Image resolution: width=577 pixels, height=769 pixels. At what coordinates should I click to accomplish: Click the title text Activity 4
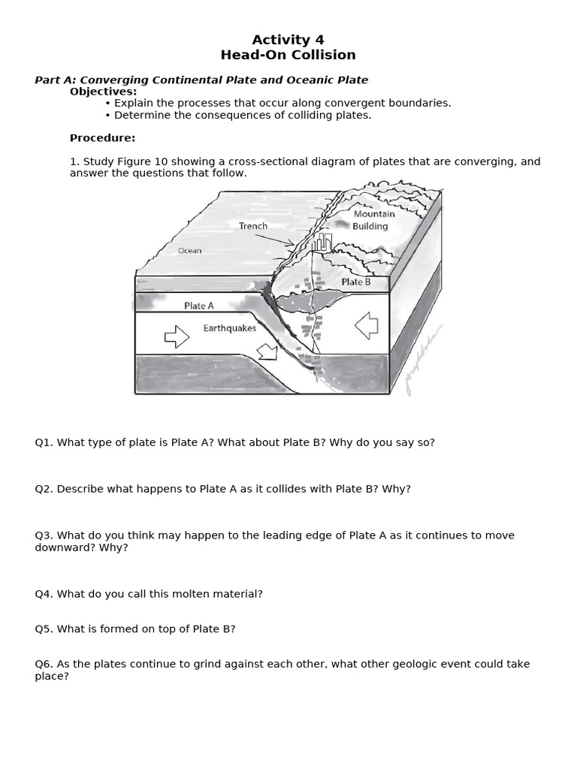tap(288, 40)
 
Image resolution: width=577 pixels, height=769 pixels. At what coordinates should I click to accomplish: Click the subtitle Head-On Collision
tap(288, 55)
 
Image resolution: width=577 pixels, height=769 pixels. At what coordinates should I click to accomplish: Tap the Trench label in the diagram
tap(253, 226)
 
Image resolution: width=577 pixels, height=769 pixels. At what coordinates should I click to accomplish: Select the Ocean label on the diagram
tap(189, 251)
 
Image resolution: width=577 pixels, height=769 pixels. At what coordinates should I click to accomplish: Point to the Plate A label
tap(199, 306)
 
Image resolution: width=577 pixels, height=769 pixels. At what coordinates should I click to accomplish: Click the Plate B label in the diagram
tap(356, 282)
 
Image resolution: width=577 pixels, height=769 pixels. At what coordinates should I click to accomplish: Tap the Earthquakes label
tap(229, 328)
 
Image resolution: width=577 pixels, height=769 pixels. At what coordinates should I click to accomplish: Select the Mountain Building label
tap(373, 220)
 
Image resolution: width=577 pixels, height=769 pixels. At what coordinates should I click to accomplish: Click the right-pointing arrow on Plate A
tap(177, 337)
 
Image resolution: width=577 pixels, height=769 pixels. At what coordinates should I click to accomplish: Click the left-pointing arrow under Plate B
tap(367, 326)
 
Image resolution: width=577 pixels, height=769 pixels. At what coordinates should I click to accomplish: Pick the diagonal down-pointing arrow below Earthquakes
tap(266, 351)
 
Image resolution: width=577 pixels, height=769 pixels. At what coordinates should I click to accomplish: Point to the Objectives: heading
tap(104, 92)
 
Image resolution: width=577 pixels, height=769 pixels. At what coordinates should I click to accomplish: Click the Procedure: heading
tap(103, 138)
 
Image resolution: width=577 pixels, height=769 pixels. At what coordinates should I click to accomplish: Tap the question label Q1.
tap(44, 442)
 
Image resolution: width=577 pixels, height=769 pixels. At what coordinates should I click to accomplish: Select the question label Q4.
tap(44, 594)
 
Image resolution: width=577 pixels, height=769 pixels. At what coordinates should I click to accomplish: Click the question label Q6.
tap(44, 664)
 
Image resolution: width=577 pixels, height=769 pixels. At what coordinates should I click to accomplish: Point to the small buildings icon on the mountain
tap(322, 242)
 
